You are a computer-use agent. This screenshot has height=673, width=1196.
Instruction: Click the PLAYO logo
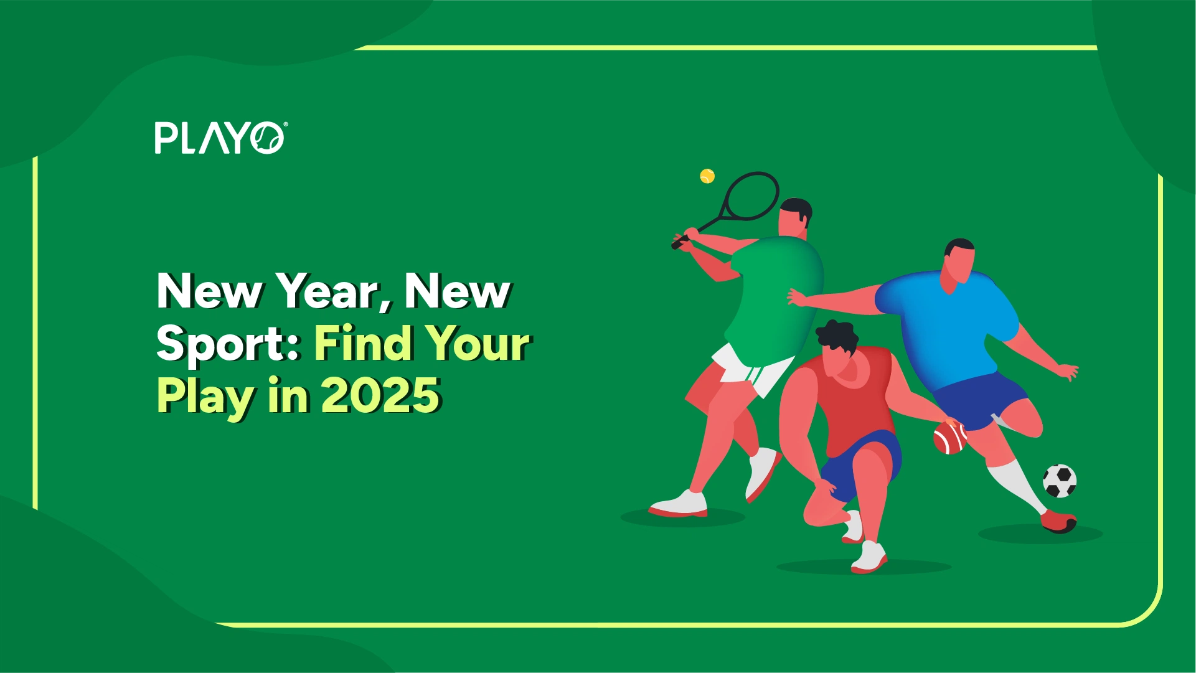[x=220, y=138]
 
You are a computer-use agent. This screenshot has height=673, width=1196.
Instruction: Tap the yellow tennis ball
[x=707, y=176]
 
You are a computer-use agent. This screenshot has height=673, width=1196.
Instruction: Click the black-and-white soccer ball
[x=1059, y=481]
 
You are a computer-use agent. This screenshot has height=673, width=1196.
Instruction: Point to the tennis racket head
[x=751, y=196]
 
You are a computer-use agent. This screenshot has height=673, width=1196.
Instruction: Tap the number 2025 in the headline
[x=381, y=396]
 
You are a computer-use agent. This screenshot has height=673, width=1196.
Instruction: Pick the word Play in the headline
[x=206, y=396]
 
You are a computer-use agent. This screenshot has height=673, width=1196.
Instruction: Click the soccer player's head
[x=959, y=261]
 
